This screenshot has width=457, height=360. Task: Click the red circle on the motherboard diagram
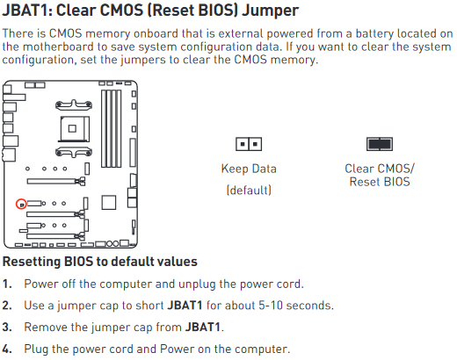pos(21,204)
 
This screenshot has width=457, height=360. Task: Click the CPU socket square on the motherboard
pos(75,129)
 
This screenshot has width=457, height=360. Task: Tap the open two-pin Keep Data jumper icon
pos(249,144)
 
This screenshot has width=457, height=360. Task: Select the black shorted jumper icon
pos(380,144)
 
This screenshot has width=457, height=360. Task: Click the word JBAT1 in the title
pos(25,11)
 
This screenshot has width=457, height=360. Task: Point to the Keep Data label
pos(249,169)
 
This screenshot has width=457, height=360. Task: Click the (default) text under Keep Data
pos(249,191)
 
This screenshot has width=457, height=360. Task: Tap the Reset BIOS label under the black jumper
pos(380,182)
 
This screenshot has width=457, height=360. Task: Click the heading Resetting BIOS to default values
pos(100,262)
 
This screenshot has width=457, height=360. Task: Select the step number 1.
pos(7,284)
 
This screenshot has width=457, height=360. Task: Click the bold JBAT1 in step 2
pos(185,306)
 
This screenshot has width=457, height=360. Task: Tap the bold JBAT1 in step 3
pos(202,327)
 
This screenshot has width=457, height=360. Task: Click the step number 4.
pos(7,349)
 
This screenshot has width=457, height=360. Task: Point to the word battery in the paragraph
pos(374,34)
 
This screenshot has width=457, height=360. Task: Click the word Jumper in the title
pos(270,11)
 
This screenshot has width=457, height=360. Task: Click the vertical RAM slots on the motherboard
pos(112,128)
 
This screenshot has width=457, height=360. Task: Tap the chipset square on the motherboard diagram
pos(109,203)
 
